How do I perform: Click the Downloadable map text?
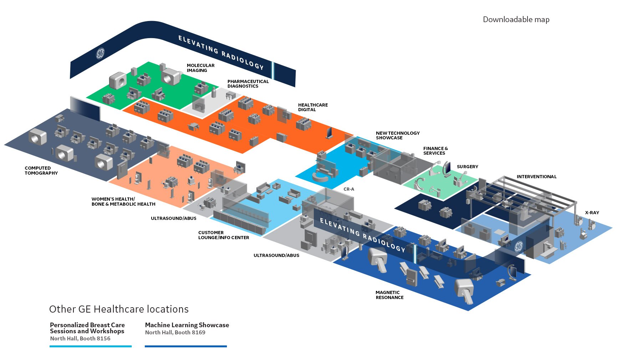pyautogui.click(x=516, y=20)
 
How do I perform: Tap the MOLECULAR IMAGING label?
pyautogui.click(x=200, y=68)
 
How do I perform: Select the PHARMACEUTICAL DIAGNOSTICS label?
pyautogui.click(x=248, y=84)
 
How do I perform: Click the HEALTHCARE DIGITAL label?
pyautogui.click(x=312, y=107)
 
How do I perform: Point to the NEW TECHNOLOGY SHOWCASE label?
pyautogui.click(x=397, y=135)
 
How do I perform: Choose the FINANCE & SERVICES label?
pyautogui.click(x=435, y=151)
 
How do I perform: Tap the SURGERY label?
pyautogui.click(x=467, y=167)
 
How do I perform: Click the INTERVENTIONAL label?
pyautogui.click(x=536, y=177)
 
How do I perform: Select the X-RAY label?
pyautogui.click(x=592, y=213)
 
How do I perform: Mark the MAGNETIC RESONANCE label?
pyautogui.click(x=389, y=295)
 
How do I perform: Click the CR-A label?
pyautogui.click(x=348, y=189)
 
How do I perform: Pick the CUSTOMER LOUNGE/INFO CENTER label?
pyautogui.click(x=223, y=235)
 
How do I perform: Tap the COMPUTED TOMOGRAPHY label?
pyautogui.click(x=41, y=171)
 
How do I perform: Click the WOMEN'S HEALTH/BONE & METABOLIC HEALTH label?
pyautogui.click(x=123, y=202)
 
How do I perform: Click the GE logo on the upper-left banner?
pyautogui.click(x=100, y=53)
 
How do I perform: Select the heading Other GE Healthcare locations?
pyautogui.click(x=119, y=309)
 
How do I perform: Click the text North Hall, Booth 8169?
pyautogui.click(x=175, y=333)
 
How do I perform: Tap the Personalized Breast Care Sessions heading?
pyautogui.click(x=87, y=328)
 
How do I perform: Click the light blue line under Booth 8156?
pyautogui.click(x=91, y=346)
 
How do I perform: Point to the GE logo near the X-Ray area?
pyautogui.click(x=518, y=246)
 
